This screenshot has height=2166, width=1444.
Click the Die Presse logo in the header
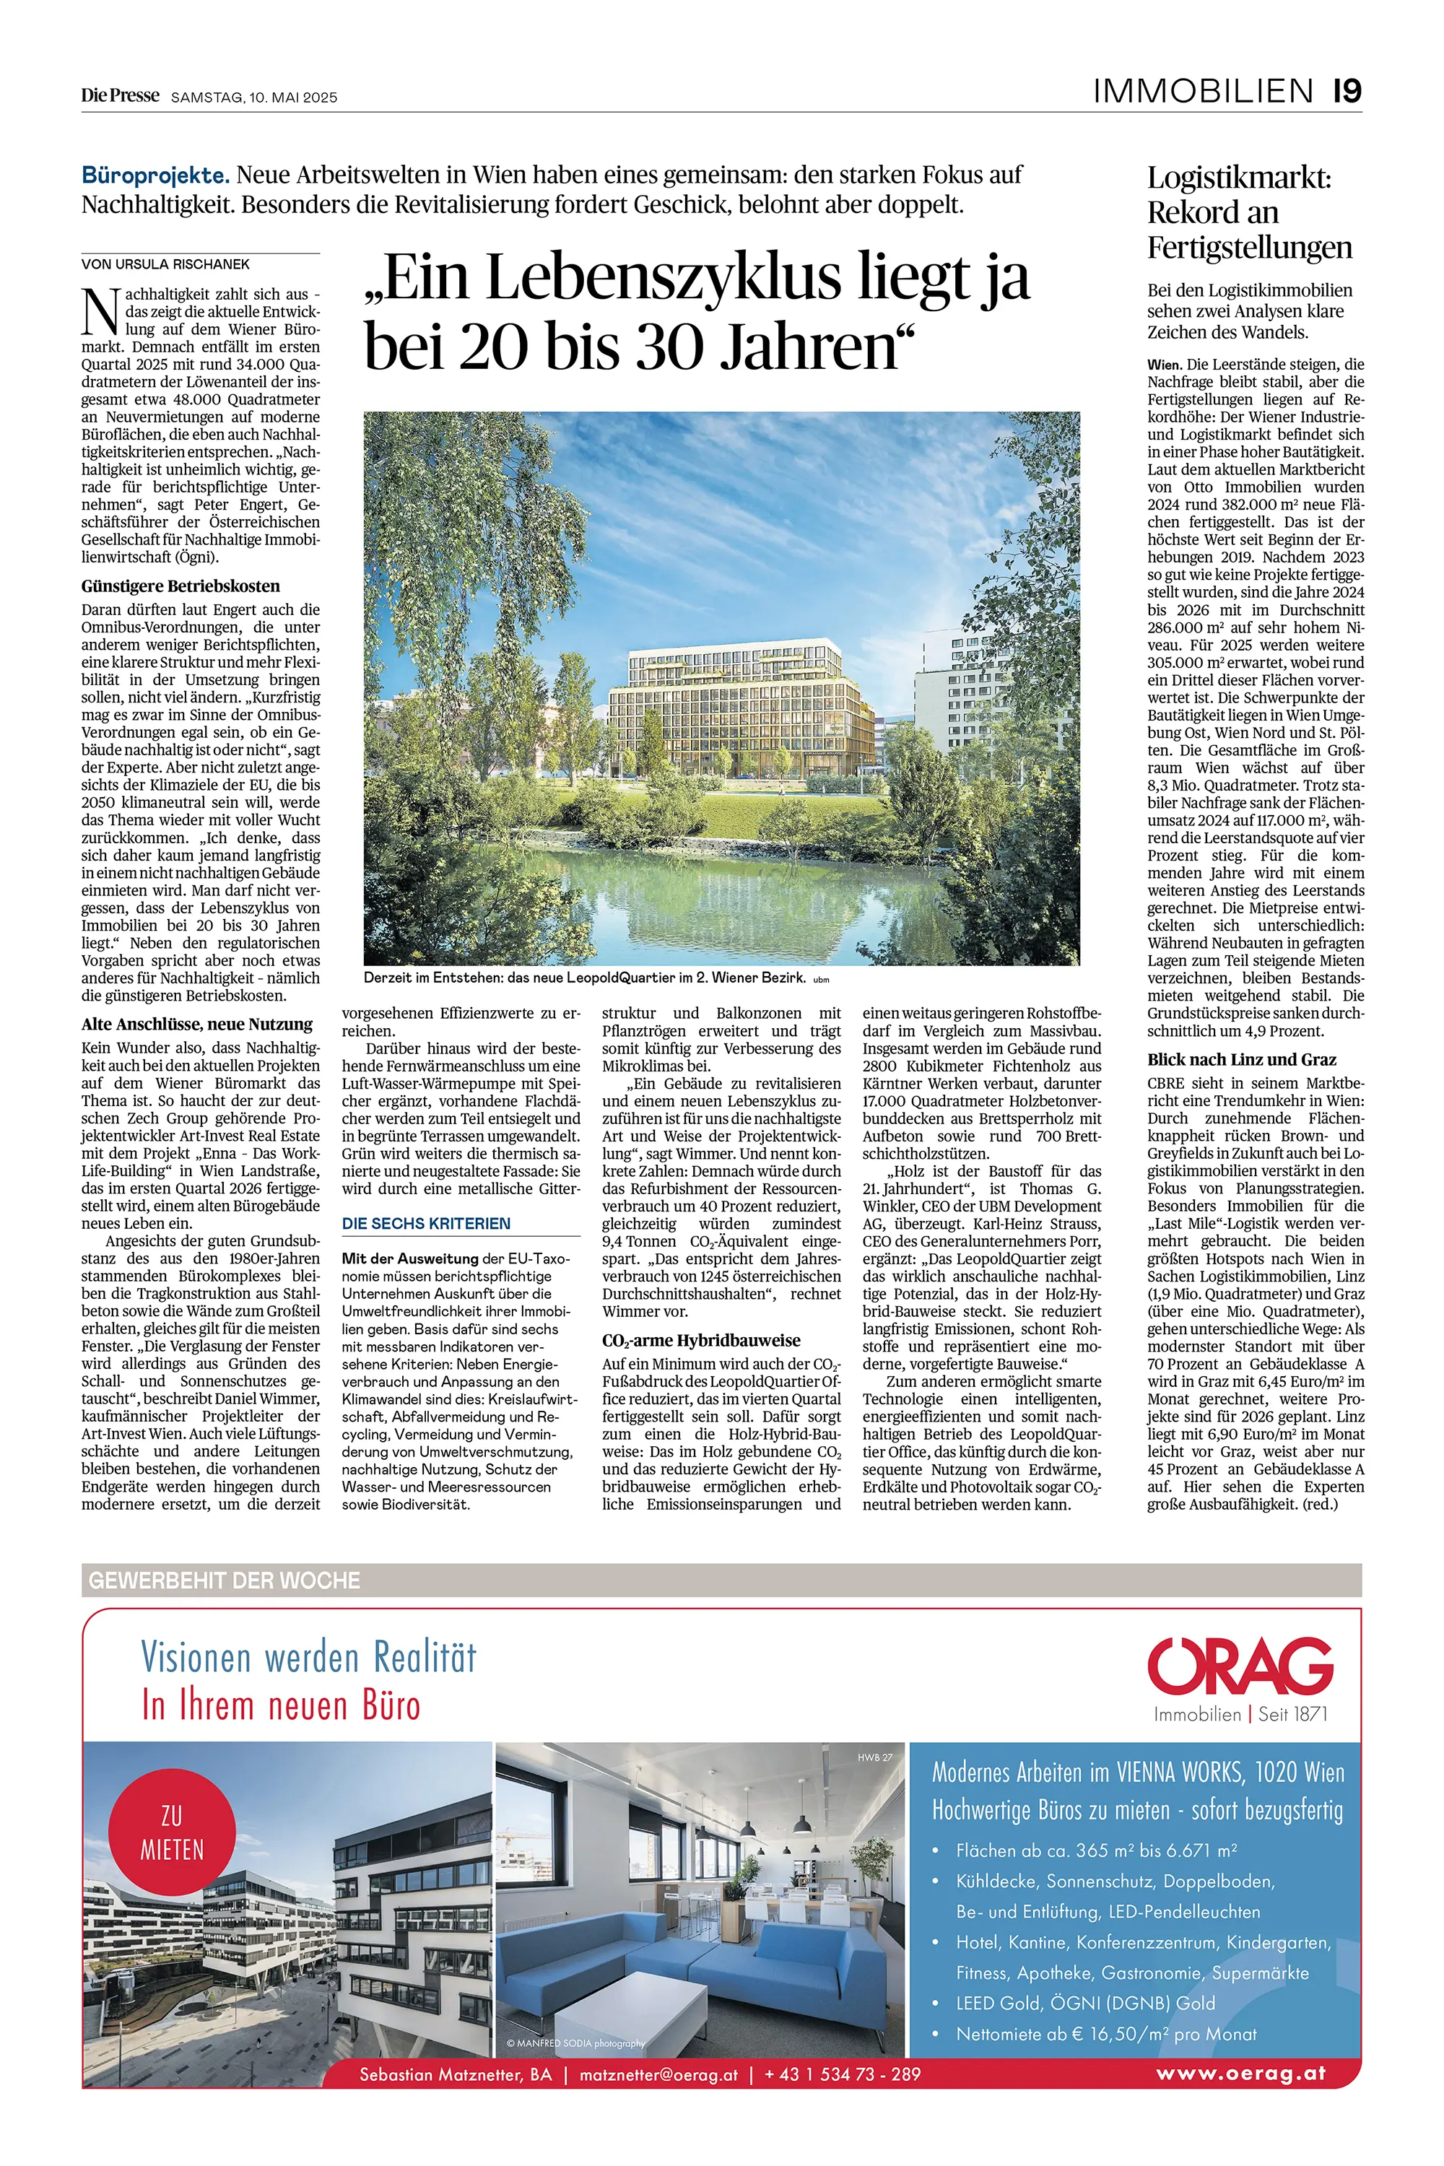pos(120,96)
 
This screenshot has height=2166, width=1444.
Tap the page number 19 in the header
pos(1347,91)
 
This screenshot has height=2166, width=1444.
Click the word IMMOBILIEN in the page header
pos(1202,91)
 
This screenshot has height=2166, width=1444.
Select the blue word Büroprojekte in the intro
pos(155,175)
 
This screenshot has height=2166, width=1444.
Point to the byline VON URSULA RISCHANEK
pos(166,264)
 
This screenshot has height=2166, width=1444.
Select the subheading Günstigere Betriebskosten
pos(180,586)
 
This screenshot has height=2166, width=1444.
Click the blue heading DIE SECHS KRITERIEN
pos(425,1224)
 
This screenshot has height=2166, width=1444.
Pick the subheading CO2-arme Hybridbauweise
pos(701,1341)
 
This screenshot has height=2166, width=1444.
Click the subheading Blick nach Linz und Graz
pos(1241,1060)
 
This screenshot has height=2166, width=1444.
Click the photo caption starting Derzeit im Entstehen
pos(585,978)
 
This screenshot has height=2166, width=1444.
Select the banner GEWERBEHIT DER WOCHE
pos(224,1580)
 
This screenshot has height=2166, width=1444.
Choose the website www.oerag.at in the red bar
pos(1240,2074)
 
